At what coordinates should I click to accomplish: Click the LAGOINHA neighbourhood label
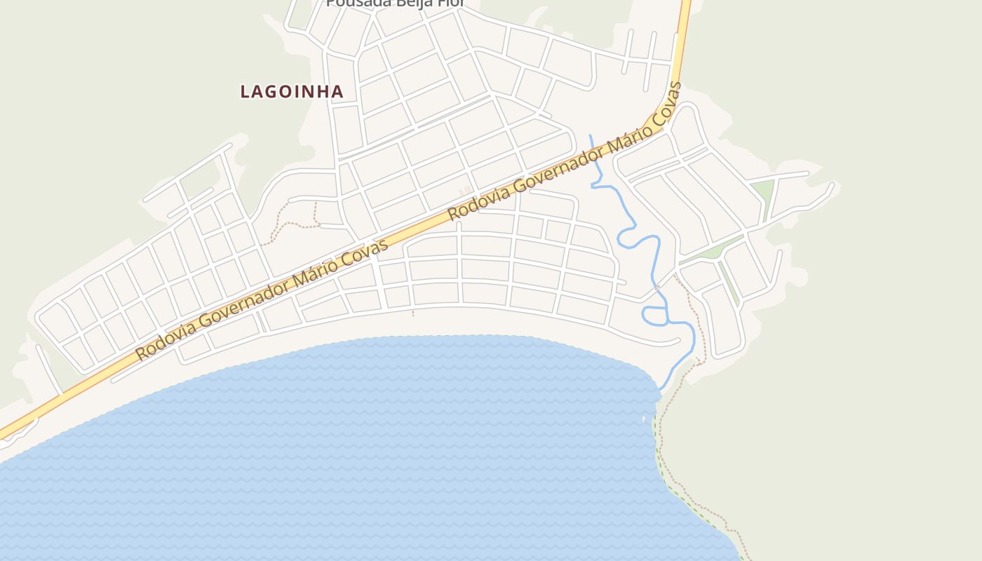pyautogui.click(x=292, y=91)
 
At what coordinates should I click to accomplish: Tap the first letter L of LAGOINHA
pyautogui.click(x=245, y=91)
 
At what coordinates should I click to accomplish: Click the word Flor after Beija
pyautogui.click(x=450, y=3)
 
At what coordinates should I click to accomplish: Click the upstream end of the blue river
pyautogui.click(x=590, y=135)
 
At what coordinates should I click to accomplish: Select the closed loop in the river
pyautogui.click(x=655, y=316)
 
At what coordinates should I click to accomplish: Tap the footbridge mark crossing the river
pyautogui.click(x=656, y=288)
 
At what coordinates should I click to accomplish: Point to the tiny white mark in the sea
pyautogui.click(x=644, y=419)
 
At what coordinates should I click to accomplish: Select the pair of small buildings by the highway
pyautogui.click(x=464, y=191)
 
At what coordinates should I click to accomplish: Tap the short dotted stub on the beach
pyautogui.click(x=413, y=312)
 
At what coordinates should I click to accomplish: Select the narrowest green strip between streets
pyautogui.click(x=729, y=284)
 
